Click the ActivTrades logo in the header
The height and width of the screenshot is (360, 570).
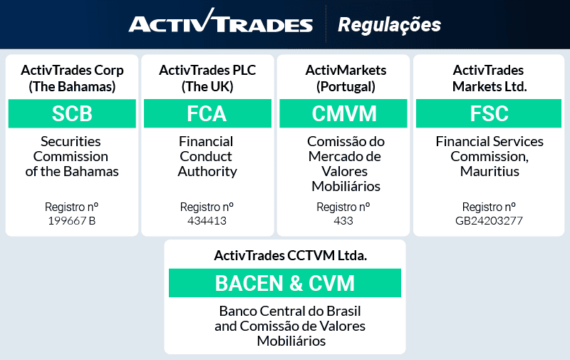(220, 24)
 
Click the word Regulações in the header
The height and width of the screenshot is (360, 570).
(389, 24)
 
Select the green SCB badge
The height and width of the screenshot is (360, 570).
(72, 113)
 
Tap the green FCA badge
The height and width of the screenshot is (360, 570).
(207, 113)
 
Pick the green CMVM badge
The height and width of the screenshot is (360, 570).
(343, 113)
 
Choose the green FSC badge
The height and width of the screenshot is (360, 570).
(489, 113)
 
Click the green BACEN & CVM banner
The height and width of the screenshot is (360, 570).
(284, 283)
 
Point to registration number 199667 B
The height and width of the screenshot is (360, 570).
(71, 220)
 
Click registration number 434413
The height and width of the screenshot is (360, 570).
(207, 220)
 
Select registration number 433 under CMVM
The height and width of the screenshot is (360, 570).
(343, 220)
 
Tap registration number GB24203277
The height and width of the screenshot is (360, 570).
(489, 220)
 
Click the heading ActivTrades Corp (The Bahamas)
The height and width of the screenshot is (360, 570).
(72, 78)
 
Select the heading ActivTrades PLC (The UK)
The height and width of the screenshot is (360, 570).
(207, 78)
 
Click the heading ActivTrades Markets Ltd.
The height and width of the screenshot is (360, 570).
(489, 78)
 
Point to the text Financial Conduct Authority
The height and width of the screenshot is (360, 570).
(207, 156)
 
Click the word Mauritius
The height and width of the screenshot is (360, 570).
(489, 171)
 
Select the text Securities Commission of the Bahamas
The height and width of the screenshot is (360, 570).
(71, 156)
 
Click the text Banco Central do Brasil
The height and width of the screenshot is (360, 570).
(290, 312)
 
